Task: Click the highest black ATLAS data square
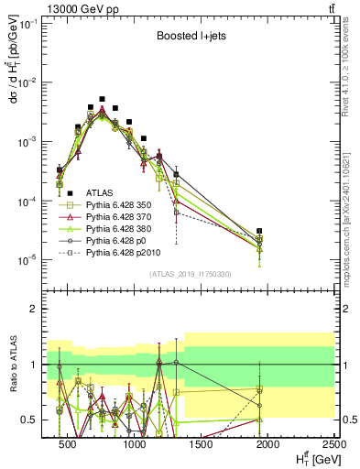coord(103,99)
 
